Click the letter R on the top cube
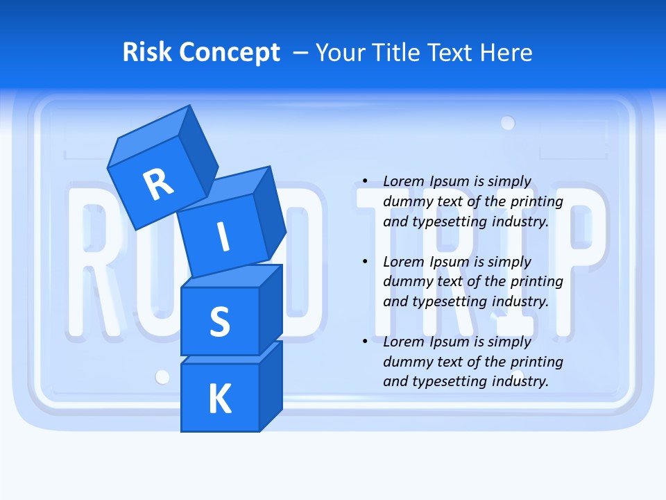tap(158, 184)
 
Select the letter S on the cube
tap(219, 322)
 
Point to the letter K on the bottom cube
tap(219, 399)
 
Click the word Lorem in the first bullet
tap(403, 181)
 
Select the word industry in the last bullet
tap(518, 381)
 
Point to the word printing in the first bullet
tap(538, 201)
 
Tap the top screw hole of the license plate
tap(508, 123)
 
